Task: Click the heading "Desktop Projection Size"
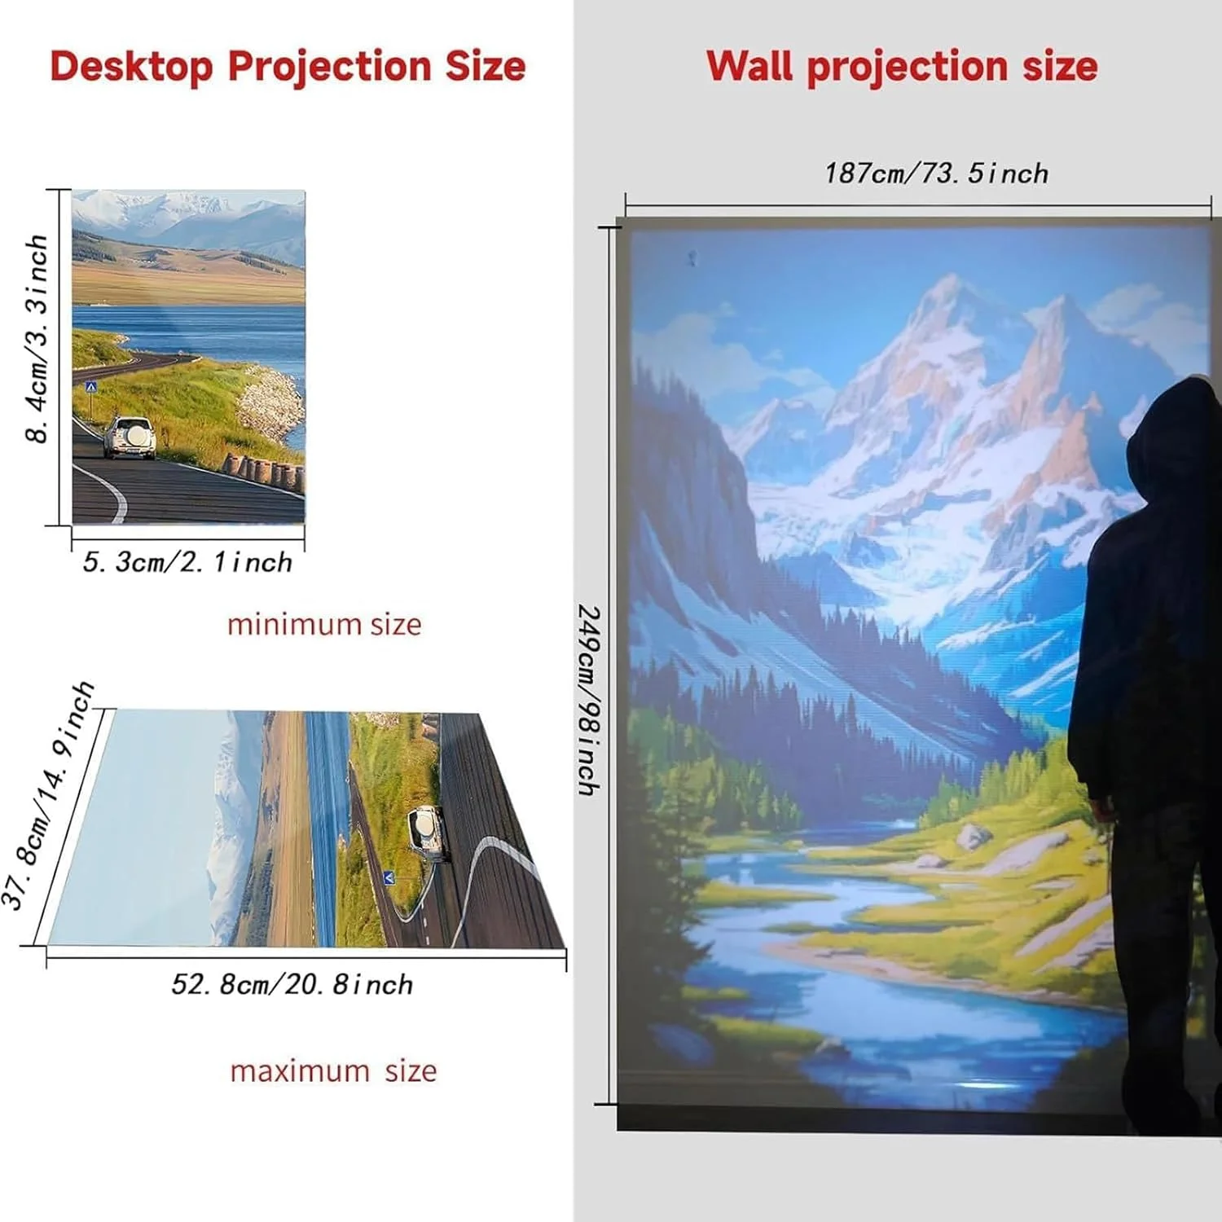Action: (x=288, y=67)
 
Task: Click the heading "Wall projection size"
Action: (x=902, y=67)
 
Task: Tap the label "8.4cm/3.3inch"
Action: (x=37, y=339)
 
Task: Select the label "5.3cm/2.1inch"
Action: (x=187, y=562)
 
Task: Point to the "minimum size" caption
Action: (x=324, y=624)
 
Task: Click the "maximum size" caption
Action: (x=333, y=1070)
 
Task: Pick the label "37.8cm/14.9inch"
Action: (x=47, y=795)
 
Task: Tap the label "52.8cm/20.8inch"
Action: (x=292, y=984)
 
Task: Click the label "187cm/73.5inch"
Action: (x=936, y=174)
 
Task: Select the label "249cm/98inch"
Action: (x=589, y=701)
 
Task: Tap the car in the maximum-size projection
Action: (x=429, y=833)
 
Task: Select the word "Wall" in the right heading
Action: (x=749, y=65)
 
